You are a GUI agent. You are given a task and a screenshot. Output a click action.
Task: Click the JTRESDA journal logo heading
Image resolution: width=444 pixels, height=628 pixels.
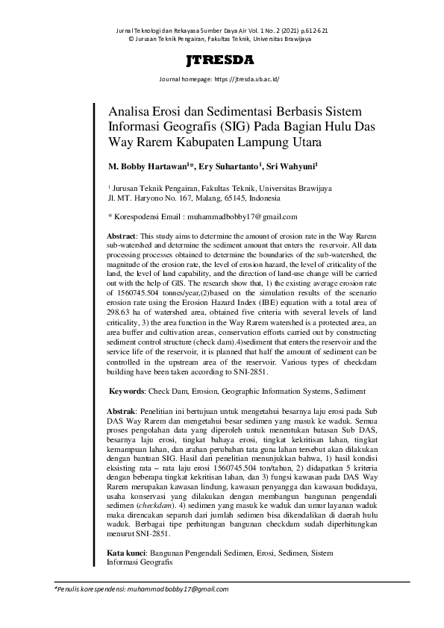point(222,60)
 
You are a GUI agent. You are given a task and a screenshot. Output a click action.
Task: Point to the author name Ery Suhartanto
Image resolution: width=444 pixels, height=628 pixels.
point(229,167)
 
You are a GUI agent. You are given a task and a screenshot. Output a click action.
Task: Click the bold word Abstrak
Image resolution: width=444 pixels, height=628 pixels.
point(121,411)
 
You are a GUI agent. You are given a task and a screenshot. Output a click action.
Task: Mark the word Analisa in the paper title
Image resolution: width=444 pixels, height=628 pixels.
point(132,108)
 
